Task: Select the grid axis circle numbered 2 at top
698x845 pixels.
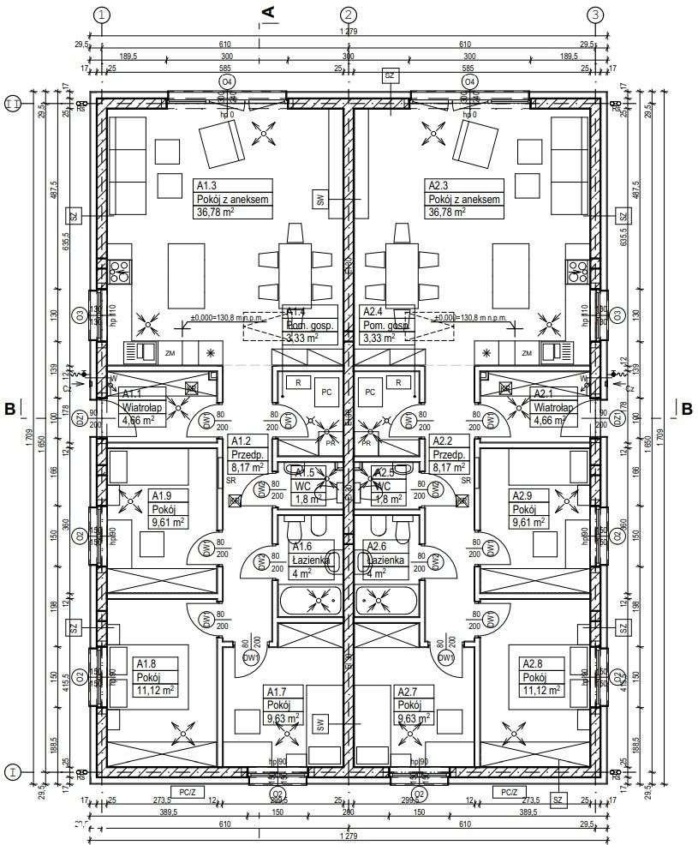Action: coord(348,15)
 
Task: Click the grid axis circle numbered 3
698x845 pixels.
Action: coord(596,15)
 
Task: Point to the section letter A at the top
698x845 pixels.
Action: coord(267,11)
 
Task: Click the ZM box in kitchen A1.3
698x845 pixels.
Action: coord(170,353)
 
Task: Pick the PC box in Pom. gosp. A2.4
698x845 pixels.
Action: coord(371,392)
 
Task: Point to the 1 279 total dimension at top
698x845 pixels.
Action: coord(348,32)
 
